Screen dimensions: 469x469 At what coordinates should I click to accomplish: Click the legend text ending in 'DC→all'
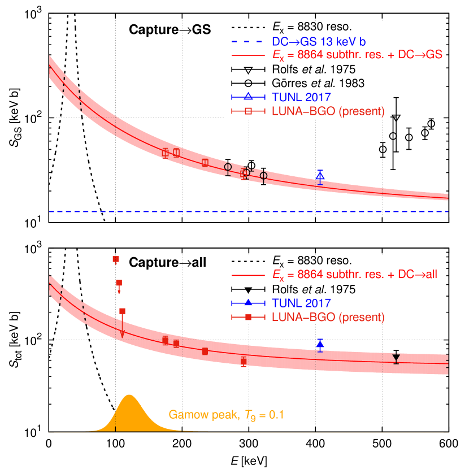point(355,275)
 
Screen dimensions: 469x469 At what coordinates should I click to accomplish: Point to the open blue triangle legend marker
point(248,97)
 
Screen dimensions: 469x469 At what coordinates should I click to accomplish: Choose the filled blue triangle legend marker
point(248,303)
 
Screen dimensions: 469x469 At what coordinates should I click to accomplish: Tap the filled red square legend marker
point(248,318)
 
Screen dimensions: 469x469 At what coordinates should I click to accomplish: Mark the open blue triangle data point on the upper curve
point(320,176)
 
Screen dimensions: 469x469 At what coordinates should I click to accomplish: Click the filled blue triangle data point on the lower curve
point(320,344)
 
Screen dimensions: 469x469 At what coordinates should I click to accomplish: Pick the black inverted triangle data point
point(396,358)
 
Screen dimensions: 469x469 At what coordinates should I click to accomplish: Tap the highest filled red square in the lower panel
point(115,259)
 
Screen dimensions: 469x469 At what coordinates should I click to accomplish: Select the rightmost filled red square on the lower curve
point(244,361)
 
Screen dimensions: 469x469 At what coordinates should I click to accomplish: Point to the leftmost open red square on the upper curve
point(165,153)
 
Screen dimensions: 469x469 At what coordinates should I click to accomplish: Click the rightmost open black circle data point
point(263,176)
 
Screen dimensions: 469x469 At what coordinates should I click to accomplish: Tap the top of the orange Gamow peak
point(129,396)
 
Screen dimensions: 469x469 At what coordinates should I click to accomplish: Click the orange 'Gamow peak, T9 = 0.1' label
point(226,415)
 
